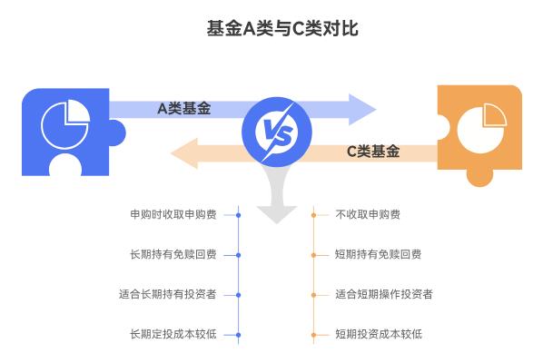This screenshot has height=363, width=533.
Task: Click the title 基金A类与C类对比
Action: [x=282, y=28]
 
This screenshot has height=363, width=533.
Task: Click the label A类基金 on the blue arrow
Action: [x=183, y=109]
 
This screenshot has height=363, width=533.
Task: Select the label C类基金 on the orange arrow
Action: [x=373, y=152]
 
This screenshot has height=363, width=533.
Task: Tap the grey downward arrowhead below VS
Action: [x=276, y=211]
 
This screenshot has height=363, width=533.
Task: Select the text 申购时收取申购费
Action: [x=173, y=215]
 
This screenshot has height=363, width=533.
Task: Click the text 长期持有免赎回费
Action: [x=173, y=255]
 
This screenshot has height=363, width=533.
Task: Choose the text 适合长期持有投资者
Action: [x=167, y=295]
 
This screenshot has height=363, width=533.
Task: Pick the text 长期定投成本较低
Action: [x=173, y=335]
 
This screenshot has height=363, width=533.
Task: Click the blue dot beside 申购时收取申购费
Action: [x=238, y=215]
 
